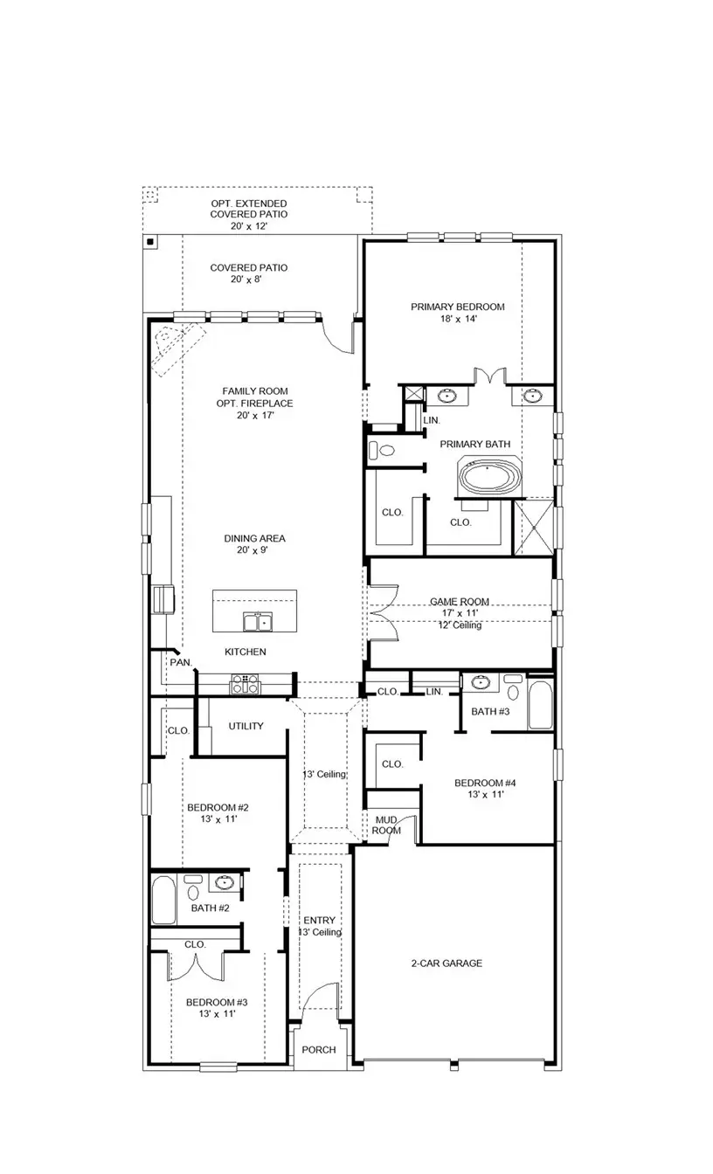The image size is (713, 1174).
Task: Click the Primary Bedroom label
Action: pos(458,307)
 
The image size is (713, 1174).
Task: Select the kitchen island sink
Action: pos(256,621)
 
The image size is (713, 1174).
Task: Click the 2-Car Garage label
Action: pos(446,963)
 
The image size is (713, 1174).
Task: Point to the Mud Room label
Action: pos(387,825)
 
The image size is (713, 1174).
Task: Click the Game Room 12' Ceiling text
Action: pos(459,625)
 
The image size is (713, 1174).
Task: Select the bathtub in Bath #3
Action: pos(540,706)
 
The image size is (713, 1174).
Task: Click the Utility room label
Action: pos(246,726)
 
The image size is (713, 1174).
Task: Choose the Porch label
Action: pos(319,1049)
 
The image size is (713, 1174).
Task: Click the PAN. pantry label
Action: pos(181,663)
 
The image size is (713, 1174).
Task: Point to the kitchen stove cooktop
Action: pos(245,684)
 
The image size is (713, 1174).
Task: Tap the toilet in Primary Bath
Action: pos(381,452)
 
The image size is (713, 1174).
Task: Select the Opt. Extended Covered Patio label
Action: pos(249,214)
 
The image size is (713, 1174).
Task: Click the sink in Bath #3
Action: pos(481,683)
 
